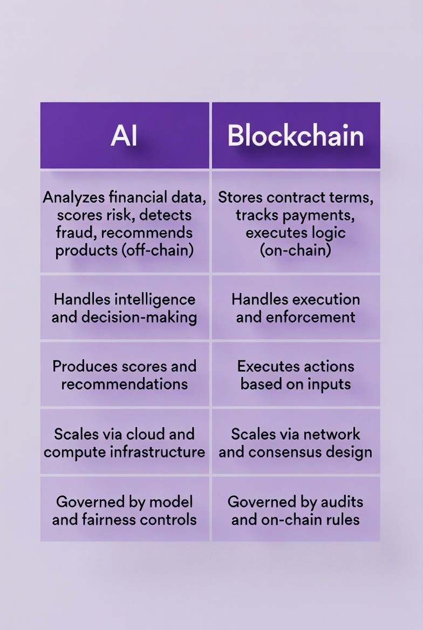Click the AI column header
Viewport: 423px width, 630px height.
click(124, 136)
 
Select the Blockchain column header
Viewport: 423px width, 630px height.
click(296, 136)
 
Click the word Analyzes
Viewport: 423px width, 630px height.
click(72, 197)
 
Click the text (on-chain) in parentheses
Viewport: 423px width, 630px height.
click(295, 251)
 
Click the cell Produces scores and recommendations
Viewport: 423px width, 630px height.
click(124, 375)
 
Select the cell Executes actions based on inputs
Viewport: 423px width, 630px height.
click(296, 375)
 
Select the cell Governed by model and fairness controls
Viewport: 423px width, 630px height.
click(124, 510)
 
